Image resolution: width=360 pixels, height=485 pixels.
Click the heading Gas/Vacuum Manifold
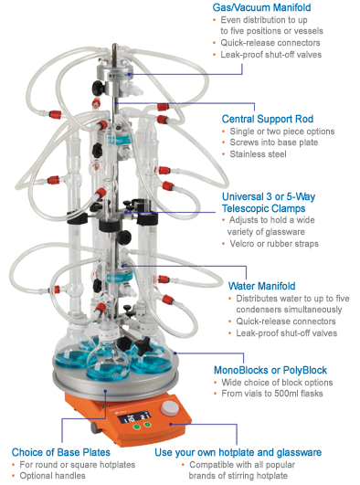261,7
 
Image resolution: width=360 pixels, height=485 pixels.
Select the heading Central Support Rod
268,119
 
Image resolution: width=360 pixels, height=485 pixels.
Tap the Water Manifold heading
261,286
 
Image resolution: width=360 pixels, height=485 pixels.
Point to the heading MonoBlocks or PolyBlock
270,370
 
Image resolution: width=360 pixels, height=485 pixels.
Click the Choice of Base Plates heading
61,452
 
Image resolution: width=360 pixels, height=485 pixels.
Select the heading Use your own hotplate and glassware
238,452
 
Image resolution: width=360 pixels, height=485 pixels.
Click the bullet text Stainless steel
258,154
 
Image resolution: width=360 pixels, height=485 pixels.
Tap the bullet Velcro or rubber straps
274,244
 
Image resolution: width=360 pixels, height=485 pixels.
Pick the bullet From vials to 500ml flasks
272,394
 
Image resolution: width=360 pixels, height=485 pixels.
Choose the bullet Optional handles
53,476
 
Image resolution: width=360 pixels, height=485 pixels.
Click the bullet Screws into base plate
273,142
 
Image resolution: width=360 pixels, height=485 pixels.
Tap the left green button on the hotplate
136,427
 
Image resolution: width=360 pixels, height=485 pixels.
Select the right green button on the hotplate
148,425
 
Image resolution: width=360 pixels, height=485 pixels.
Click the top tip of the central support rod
115,45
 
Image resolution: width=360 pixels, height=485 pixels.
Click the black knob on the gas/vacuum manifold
98,88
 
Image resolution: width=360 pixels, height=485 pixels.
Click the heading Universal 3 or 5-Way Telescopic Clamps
269,202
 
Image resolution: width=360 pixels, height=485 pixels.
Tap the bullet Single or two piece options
282,132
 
